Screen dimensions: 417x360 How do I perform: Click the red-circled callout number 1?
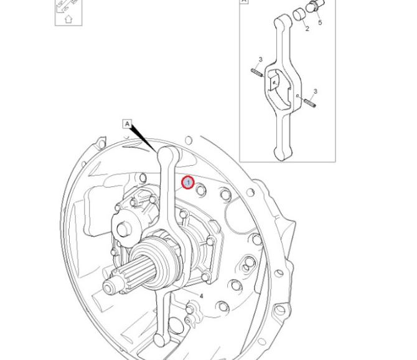click(188, 182)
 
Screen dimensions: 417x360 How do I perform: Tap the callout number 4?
click(201, 296)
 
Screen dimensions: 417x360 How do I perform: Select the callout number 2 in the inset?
click(307, 29)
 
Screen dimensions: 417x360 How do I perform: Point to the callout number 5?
click(320, 22)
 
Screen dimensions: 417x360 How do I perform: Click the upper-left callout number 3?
click(260, 59)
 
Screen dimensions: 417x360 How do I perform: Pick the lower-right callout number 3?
click(315, 92)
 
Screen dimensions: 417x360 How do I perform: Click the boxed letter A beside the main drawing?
click(128, 124)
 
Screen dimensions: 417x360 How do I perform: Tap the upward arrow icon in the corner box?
click(68, 19)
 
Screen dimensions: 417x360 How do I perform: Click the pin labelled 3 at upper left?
click(257, 72)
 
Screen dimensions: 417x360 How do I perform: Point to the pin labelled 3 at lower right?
click(310, 103)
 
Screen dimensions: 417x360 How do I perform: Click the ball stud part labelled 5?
click(314, 6)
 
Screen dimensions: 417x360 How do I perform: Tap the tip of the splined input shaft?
click(108, 287)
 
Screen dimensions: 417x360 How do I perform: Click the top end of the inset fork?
click(283, 21)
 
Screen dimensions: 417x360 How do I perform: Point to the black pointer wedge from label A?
click(143, 138)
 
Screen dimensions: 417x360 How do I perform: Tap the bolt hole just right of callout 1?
click(201, 190)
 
